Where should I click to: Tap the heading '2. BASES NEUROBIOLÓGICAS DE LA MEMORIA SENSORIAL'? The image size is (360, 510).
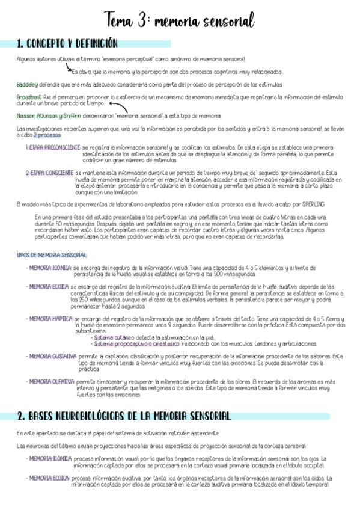(x=124, y=416)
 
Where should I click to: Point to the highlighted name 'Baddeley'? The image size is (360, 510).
(x=27, y=84)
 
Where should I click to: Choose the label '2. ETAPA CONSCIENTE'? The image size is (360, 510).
(x=49, y=173)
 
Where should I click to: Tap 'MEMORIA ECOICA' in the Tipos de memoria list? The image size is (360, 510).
(x=48, y=286)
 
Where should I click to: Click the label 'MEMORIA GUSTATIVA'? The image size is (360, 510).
(x=52, y=356)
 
